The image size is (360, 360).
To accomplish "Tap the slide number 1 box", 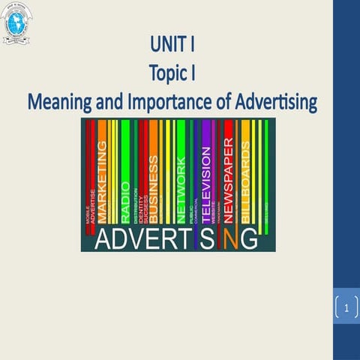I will coord(346,308).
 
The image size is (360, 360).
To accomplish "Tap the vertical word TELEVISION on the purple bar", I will coord(208,180).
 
